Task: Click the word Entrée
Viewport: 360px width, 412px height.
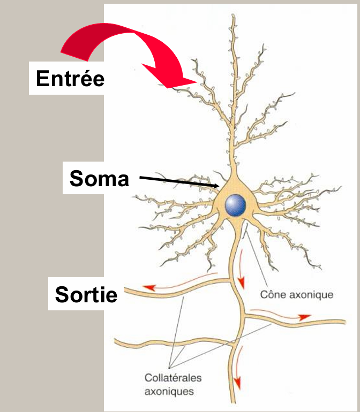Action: (x=70, y=79)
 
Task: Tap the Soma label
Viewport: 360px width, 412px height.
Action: (x=100, y=179)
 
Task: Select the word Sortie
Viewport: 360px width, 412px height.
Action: (x=86, y=294)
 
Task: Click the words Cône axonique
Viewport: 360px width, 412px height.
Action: (x=296, y=294)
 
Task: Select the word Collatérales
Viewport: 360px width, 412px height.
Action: (x=169, y=377)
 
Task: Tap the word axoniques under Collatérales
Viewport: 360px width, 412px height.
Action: (x=169, y=391)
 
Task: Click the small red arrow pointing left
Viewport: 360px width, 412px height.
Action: (x=153, y=288)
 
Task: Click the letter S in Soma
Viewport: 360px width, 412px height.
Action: (x=77, y=179)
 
